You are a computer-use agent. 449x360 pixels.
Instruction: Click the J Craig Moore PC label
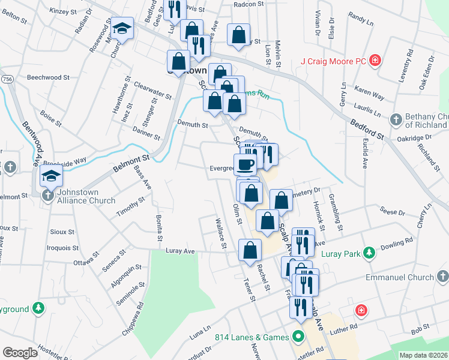click(x=333, y=61)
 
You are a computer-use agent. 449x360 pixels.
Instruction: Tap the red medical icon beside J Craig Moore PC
click(x=375, y=60)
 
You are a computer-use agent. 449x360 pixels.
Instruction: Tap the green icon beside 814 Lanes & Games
click(x=297, y=337)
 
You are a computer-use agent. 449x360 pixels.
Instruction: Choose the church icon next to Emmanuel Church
click(x=443, y=277)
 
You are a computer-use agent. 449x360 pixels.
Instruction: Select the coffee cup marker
click(x=246, y=164)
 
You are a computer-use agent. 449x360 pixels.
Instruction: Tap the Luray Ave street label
click(x=180, y=251)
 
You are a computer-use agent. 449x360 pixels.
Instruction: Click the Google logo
click(x=20, y=353)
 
